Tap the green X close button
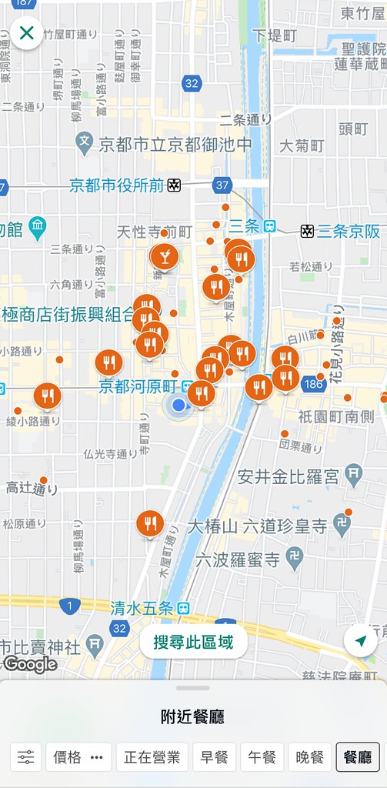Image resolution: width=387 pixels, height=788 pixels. (x=26, y=33)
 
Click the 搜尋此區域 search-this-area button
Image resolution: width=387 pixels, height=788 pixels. (x=193, y=642)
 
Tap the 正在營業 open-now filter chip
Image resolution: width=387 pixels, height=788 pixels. (x=152, y=757)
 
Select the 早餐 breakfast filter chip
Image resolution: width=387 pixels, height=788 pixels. (x=214, y=757)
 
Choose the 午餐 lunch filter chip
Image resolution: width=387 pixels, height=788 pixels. (x=262, y=757)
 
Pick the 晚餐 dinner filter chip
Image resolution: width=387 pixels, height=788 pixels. (x=310, y=757)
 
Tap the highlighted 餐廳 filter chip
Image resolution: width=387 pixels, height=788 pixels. (x=358, y=757)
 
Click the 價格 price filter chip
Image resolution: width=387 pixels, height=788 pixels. (x=78, y=757)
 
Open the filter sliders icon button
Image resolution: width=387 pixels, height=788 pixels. (x=26, y=757)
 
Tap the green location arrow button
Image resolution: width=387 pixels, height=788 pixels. (x=360, y=641)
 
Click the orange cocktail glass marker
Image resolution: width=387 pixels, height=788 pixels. (x=164, y=255)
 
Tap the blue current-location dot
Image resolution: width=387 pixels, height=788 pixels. (x=178, y=405)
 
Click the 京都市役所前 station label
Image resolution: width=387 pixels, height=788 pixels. (x=117, y=185)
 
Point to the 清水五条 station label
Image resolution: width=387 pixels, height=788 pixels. (x=140, y=606)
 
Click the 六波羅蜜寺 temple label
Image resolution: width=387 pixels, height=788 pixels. (x=239, y=559)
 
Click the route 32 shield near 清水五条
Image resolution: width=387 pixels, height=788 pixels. (x=118, y=628)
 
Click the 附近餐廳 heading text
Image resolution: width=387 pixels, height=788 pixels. (x=193, y=717)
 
